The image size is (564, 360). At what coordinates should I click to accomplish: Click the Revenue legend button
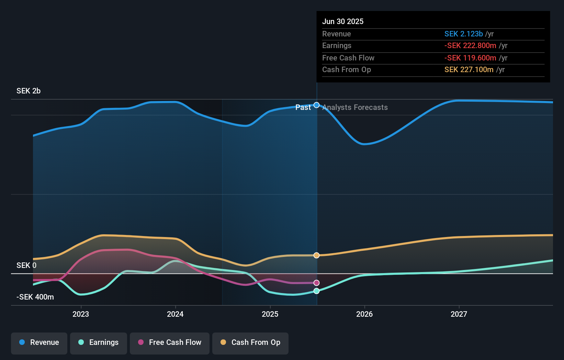pos(39,343)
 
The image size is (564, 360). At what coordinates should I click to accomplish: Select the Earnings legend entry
pos(99,343)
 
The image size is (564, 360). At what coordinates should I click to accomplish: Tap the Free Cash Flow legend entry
pos(170,343)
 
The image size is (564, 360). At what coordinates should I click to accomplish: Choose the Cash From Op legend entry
pos(250,343)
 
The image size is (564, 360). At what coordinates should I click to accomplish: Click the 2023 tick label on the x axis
pos(81,314)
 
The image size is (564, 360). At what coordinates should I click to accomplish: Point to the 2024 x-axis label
pos(175,314)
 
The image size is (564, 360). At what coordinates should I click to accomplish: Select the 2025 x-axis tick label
pos(270,314)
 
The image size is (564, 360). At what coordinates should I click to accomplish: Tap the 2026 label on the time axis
pos(364,314)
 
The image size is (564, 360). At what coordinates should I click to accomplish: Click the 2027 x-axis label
pos(459,314)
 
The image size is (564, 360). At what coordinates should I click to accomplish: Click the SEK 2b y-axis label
pos(29,91)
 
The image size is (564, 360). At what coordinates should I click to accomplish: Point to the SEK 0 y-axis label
pos(26,266)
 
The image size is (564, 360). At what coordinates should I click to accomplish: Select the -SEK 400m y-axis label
pos(35,297)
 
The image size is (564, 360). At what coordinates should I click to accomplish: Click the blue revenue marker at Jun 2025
pos(317,105)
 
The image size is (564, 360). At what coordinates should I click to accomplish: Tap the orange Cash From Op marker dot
pos(317,255)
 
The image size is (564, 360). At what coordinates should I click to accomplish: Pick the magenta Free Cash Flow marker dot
pos(317,283)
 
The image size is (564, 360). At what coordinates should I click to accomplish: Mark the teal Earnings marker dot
pos(317,291)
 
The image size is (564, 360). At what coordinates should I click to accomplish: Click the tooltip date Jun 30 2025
pos(343,22)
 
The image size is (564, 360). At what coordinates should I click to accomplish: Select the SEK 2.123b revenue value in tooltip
pos(463,34)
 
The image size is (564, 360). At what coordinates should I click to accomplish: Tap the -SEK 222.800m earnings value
pos(470,46)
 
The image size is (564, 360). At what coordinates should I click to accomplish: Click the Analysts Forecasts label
pos(355,108)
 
